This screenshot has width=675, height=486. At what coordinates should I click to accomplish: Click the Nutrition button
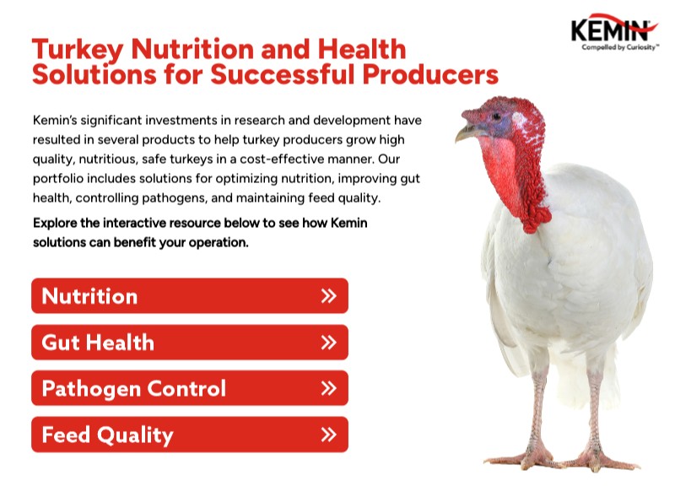(x=189, y=296)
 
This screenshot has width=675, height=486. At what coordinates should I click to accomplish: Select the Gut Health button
(x=189, y=343)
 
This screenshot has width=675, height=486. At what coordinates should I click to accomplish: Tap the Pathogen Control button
(x=189, y=389)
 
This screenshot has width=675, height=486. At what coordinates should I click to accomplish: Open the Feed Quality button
(x=189, y=435)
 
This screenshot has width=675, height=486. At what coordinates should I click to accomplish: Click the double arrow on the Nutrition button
(x=329, y=296)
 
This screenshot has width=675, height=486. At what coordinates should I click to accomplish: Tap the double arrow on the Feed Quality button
(x=329, y=435)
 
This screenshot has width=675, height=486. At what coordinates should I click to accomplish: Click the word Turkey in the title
(x=69, y=48)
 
